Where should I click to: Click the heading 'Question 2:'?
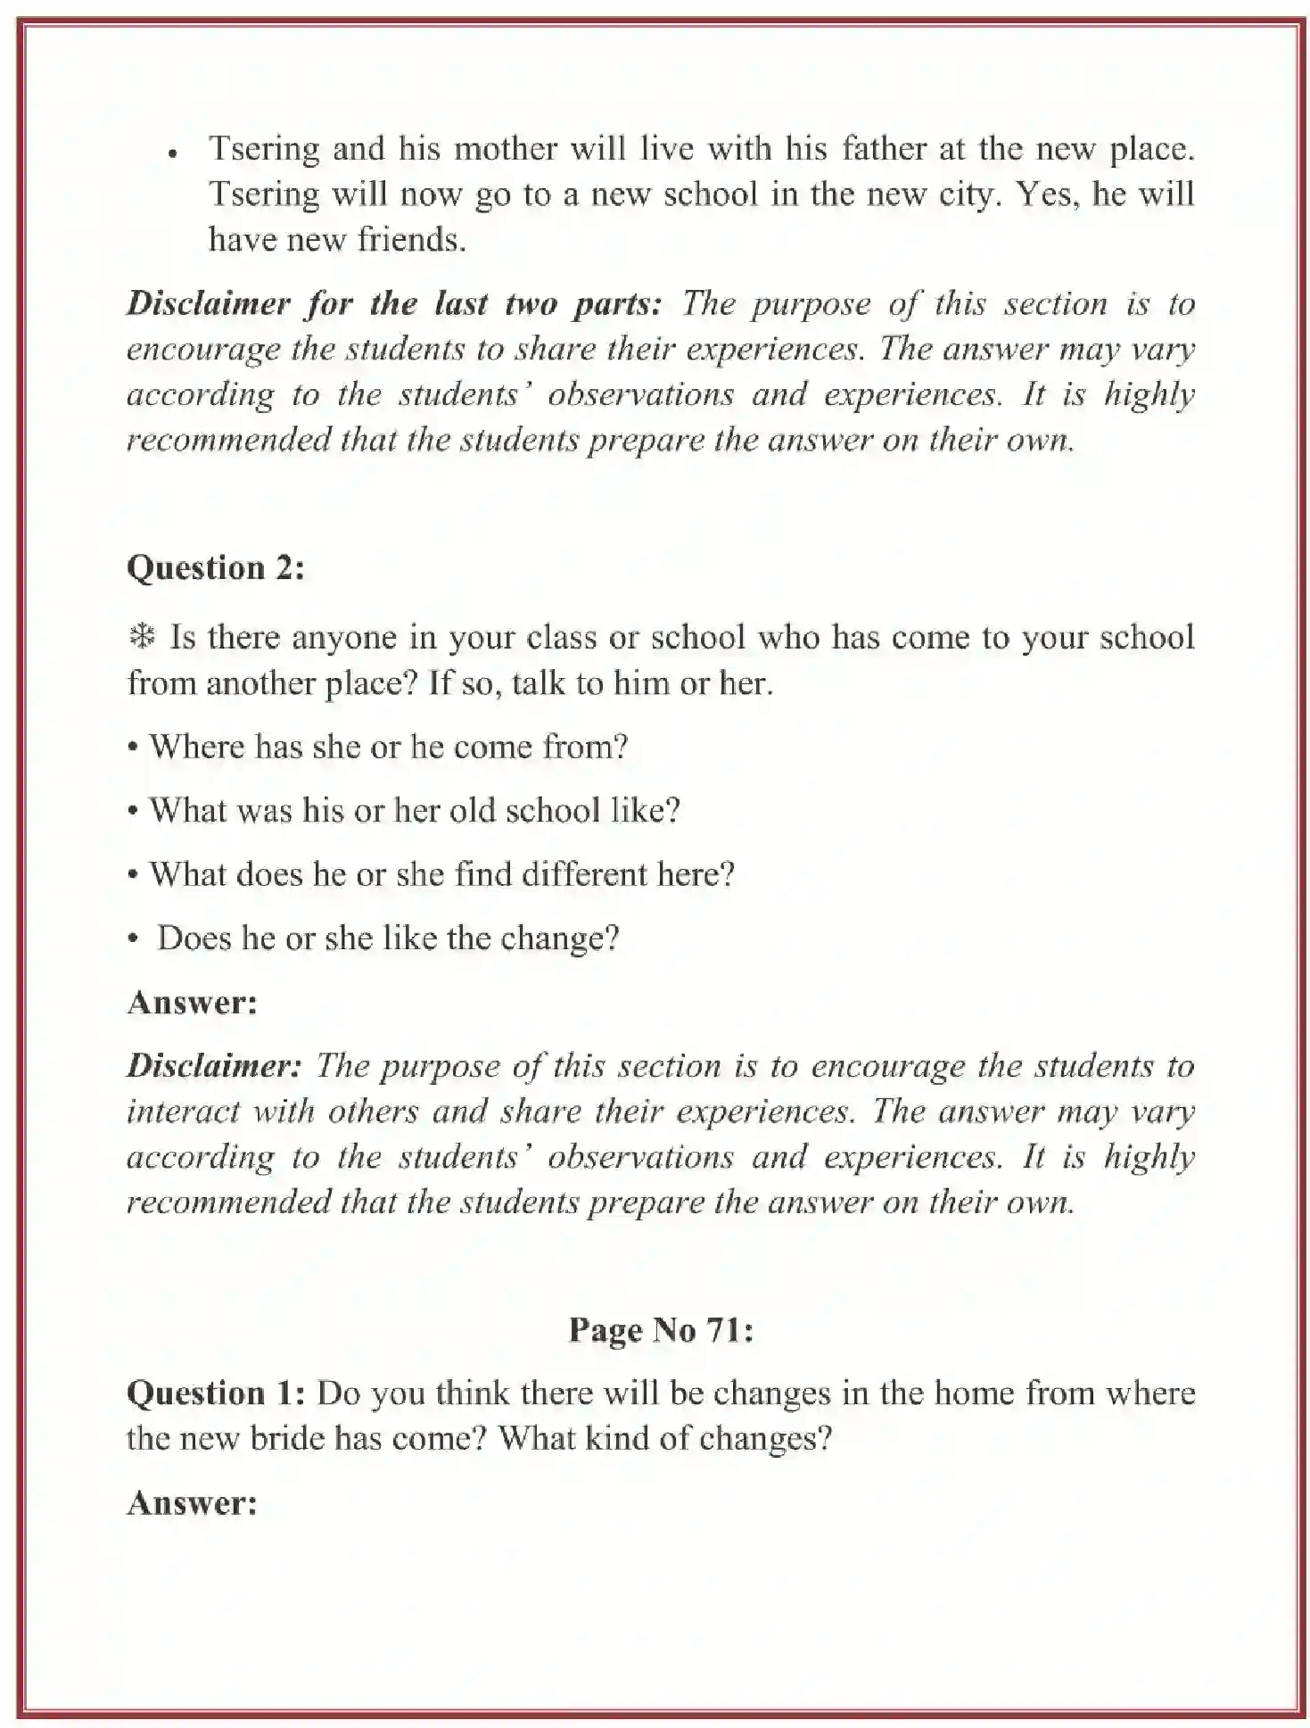[x=215, y=568]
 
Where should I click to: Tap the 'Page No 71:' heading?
[x=661, y=1330]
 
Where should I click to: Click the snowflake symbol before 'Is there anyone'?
[x=141, y=637]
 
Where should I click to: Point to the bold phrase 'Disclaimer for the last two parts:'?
[x=393, y=304]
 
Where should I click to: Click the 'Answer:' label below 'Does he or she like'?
[x=192, y=1003]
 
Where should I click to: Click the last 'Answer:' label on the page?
[x=192, y=1503]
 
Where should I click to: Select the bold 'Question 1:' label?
[x=217, y=1393]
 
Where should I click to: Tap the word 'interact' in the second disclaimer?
[x=183, y=1112]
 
